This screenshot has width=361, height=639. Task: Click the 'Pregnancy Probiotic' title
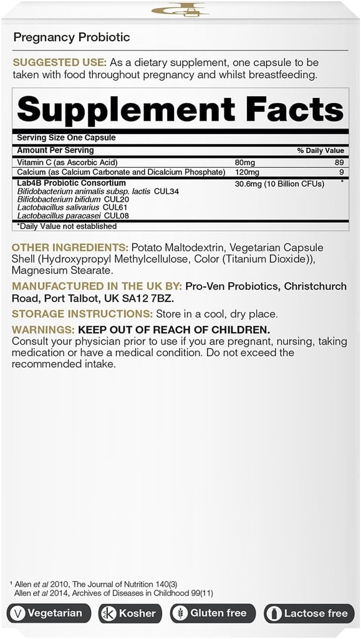tap(72, 37)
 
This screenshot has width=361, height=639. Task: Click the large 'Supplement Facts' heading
tap(180, 110)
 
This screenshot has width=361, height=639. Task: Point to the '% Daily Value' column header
tap(321, 150)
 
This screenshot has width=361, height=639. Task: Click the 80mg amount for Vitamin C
tap(244, 162)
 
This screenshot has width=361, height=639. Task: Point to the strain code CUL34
tap(166, 192)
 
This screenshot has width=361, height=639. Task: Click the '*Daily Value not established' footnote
tap(67, 226)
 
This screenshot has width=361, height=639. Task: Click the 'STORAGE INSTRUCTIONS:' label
tap(73, 314)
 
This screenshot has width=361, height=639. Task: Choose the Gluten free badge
tap(213, 613)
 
